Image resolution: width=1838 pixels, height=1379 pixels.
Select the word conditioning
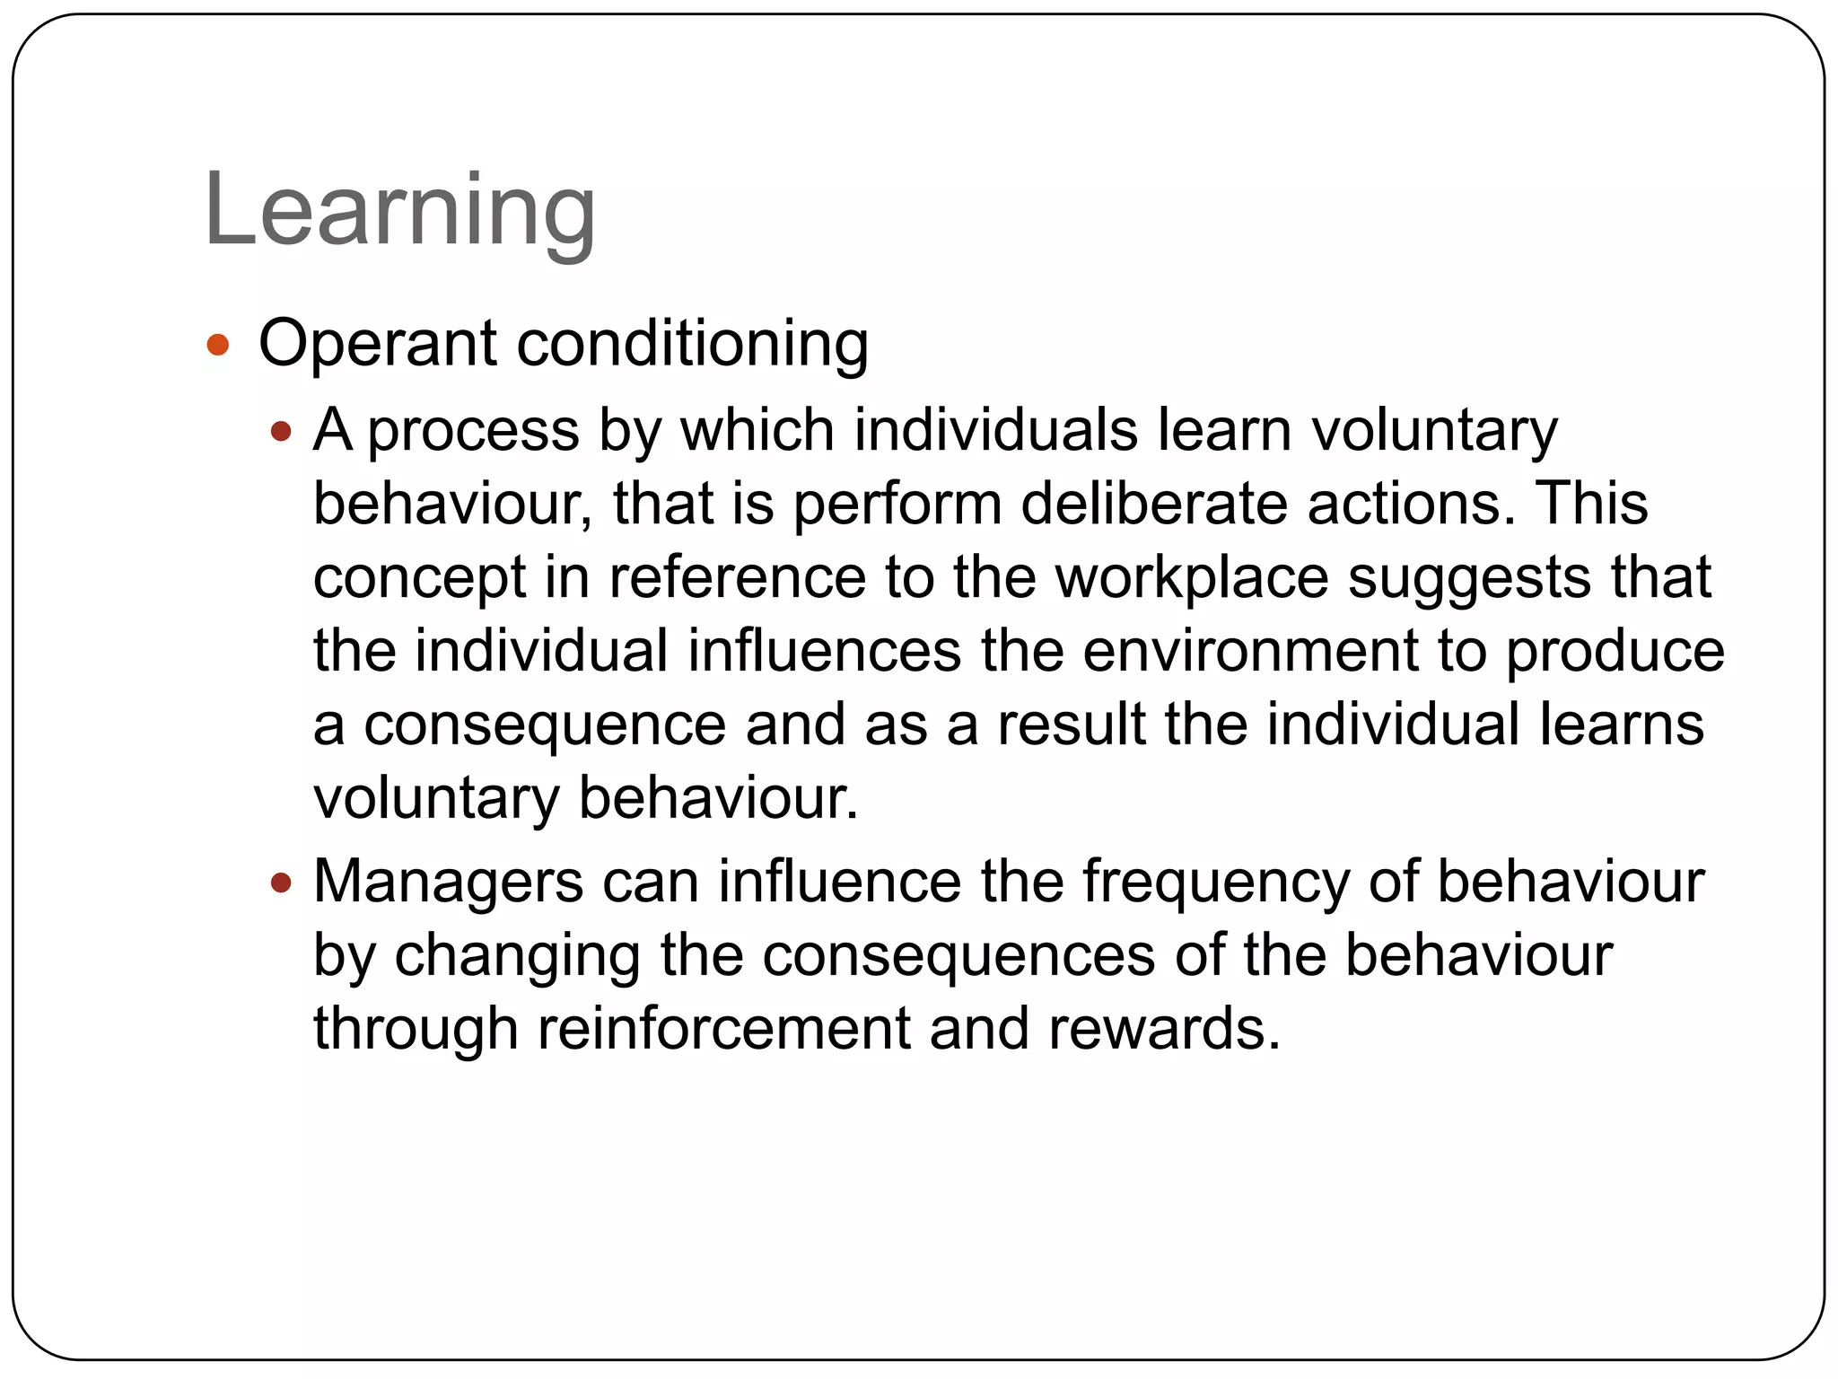693,345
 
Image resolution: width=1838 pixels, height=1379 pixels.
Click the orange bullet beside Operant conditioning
218,345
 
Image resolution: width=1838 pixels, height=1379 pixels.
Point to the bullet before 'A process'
282,433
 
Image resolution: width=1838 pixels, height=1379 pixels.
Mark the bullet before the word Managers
282,883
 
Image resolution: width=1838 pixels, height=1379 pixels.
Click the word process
474,433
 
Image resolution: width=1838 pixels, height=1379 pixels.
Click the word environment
1250,651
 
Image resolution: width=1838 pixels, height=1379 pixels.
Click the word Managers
449,883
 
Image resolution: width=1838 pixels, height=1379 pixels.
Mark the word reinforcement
723,1029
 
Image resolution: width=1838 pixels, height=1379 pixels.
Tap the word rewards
1165,1029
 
